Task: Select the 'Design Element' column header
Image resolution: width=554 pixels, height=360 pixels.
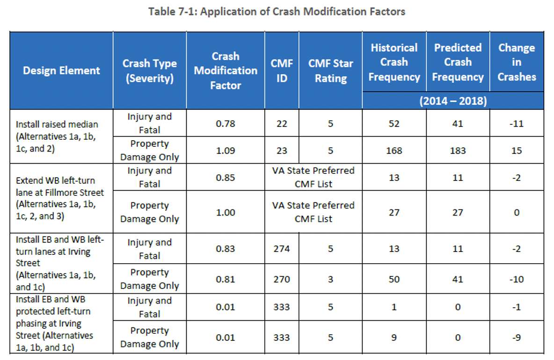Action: pyautogui.click(x=61, y=71)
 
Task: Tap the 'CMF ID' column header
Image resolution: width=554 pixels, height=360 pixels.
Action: pyautogui.click(x=282, y=71)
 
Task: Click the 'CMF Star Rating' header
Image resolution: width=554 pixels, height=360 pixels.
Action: pyautogui.click(x=330, y=71)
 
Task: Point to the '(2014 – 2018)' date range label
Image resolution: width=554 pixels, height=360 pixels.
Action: pyautogui.click(x=453, y=101)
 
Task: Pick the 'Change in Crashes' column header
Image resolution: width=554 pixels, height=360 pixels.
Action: pyautogui.click(x=517, y=62)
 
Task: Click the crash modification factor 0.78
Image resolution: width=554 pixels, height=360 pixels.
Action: pyautogui.click(x=225, y=124)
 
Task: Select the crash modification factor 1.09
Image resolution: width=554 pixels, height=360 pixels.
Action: pyautogui.click(x=225, y=151)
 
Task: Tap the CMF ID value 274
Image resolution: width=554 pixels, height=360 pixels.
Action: pyautogui.click(x=282, y=249)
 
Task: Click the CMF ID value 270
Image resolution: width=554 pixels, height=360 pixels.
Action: pyautogui.click(x=282, y=279)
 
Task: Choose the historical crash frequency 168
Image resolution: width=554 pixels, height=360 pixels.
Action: pyautogui.click(x=394, y=151)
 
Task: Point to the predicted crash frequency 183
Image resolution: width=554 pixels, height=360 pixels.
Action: pyautogui.click(x=458, y=151)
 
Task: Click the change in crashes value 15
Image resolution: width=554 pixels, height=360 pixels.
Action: pyautogui.click(x=517, y=151)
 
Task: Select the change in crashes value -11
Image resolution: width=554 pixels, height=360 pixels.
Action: pyautogui.click(x=517, y=124)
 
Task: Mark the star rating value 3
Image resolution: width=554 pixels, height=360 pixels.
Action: pyautogui.click(x=330, y=279)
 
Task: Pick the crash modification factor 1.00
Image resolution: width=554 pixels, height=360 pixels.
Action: pyautogui.click(x=225, y=212)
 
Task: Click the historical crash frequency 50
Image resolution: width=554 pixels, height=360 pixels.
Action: pyautogui.click(x=394, y=279)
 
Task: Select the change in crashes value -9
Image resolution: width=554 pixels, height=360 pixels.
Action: pyautogui.click(x=517, y=337)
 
